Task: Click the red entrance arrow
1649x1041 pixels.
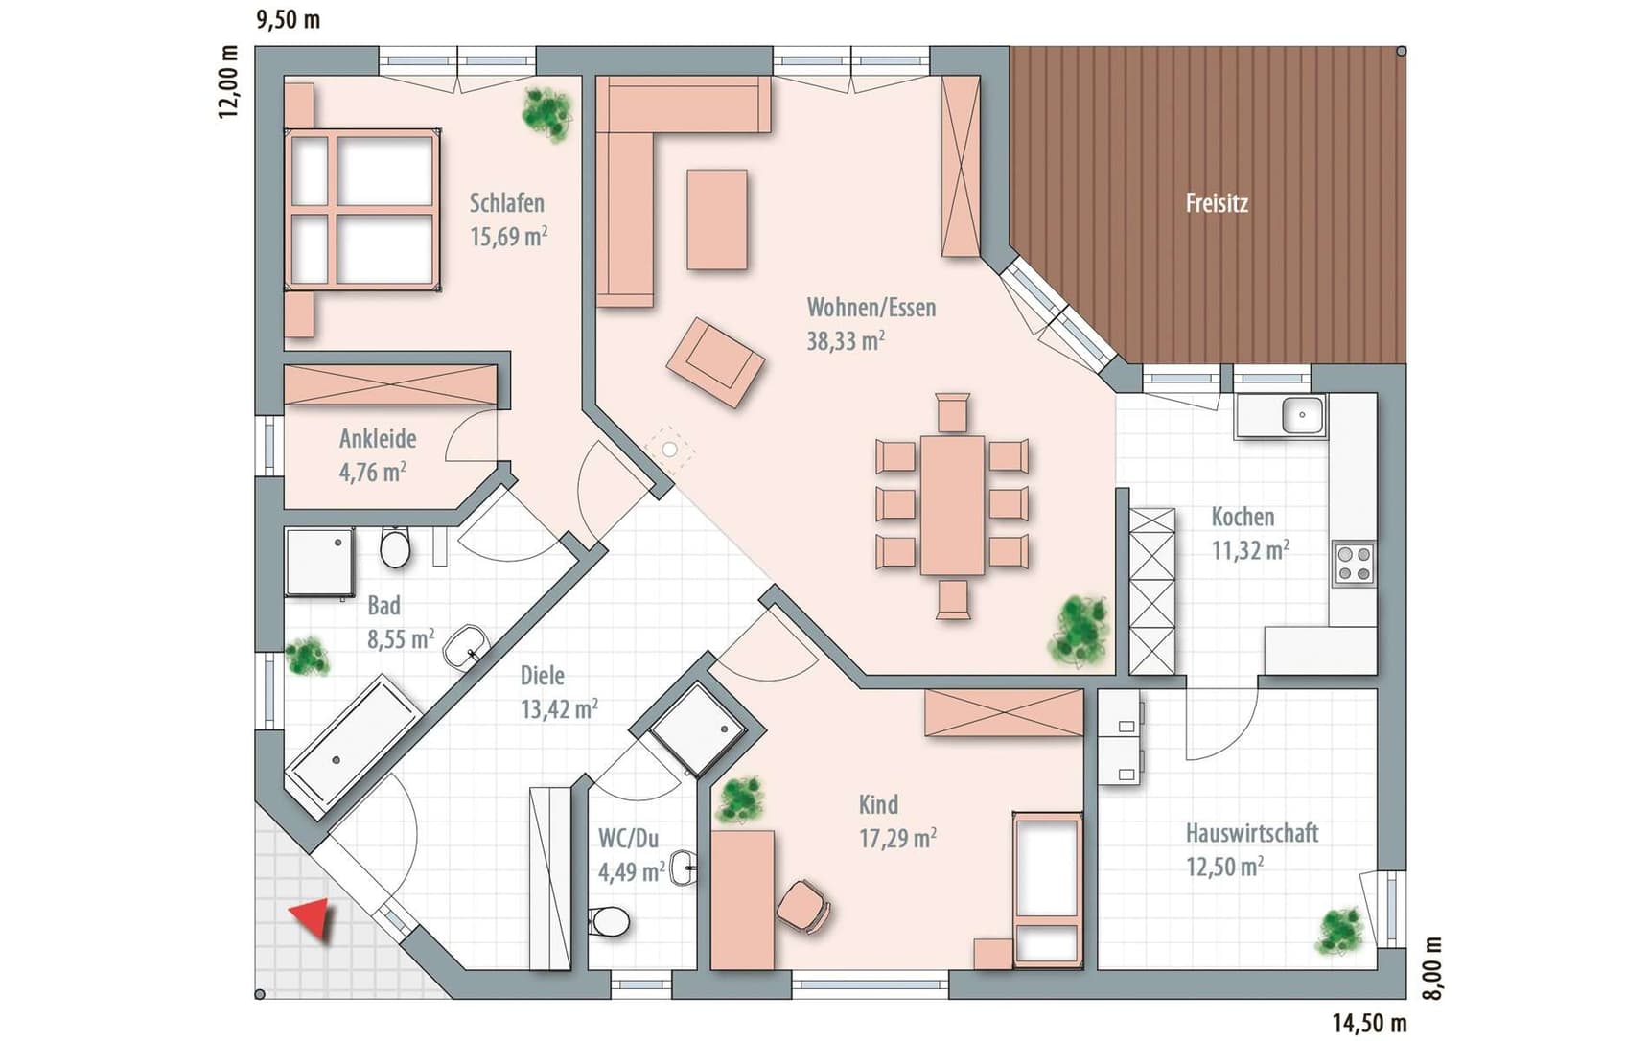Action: point(313,918)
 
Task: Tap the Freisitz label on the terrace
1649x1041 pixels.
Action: point(1217,203)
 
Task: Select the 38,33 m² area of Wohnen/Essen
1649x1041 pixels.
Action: point(845,340)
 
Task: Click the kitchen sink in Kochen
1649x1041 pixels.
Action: point(1302,416)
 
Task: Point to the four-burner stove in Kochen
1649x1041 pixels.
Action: point(1353,564)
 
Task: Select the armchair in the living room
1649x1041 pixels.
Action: point(716,362)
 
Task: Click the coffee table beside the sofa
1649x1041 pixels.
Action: point(717,220)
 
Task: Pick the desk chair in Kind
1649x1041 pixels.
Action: point(803,906)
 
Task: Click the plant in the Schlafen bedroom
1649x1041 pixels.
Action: point(547,114)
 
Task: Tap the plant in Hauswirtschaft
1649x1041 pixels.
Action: point(1339,931)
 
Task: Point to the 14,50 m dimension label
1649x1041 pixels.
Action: point(1369,1023)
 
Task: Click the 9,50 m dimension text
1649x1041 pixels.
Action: point(288,19)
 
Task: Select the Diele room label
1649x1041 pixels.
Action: point(543,676)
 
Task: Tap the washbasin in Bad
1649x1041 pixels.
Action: point(466,647)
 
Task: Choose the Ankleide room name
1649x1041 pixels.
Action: point(378,439)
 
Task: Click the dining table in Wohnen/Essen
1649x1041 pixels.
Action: point(952,505)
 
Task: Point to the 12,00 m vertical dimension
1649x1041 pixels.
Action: point(227,82)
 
